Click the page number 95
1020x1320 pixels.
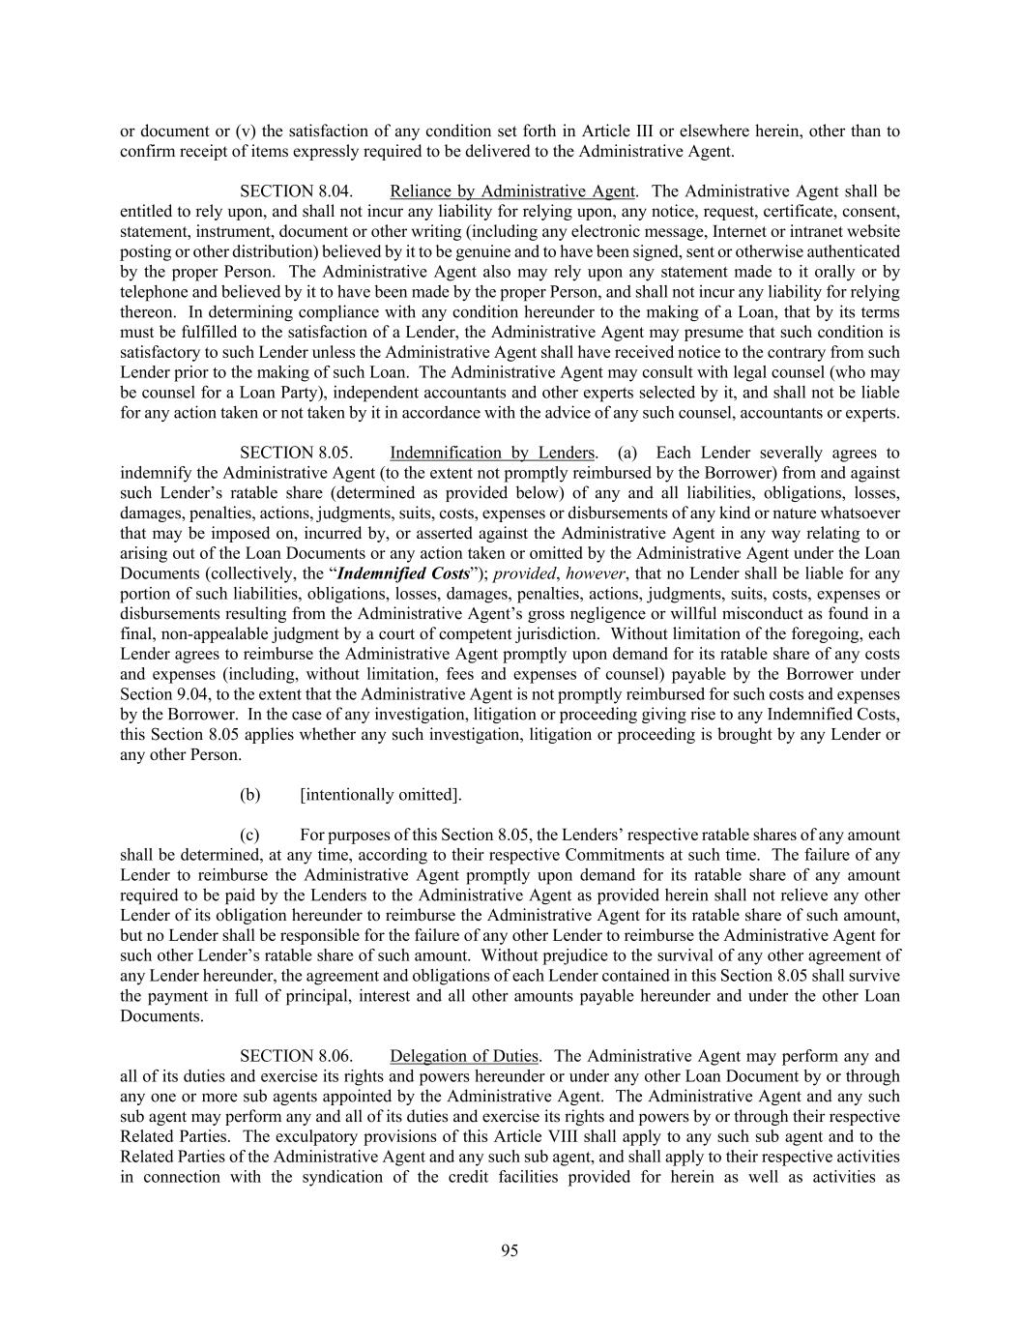tap(510, 1250)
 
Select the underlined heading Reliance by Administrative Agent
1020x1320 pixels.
tap(512, 191)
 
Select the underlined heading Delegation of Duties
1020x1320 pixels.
tap(465, 1056)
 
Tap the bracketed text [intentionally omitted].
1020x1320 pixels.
tap(381, 795)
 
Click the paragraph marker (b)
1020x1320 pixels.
tap(250, 795)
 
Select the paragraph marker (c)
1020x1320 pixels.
tap(250, 835)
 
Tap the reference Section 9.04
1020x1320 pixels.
tap(155, 694)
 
